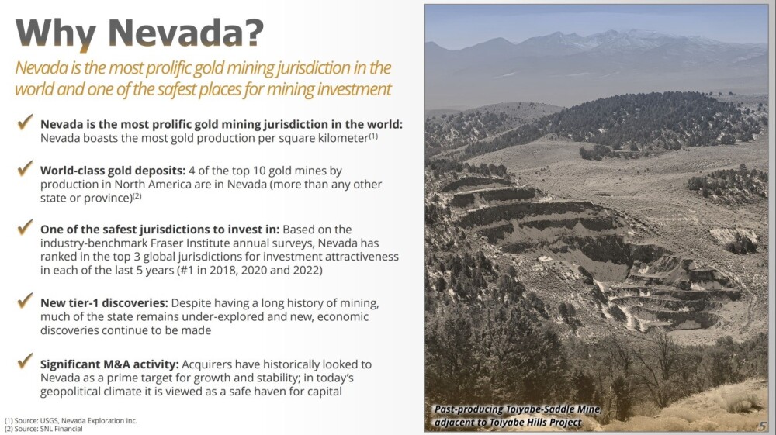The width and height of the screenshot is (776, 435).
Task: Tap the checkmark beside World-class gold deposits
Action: (26, 168)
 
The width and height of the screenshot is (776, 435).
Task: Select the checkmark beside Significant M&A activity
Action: (26, 361)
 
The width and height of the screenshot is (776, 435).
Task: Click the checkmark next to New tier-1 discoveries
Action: (26, 300)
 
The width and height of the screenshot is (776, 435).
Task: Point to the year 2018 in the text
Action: (223, 271)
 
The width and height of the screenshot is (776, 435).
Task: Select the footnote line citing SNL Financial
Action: (43, 429)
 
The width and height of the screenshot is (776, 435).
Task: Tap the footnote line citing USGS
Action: (71, 421)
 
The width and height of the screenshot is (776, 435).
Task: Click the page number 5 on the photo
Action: (762, 426)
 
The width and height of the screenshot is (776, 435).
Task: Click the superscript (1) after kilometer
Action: (373, 136)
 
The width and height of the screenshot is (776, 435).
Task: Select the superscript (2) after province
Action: (137, 195)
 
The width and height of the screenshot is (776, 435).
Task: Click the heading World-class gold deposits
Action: (113, 171)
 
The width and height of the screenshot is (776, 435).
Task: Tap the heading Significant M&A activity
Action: (109, 364)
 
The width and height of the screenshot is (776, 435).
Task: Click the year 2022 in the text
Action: (308, 271)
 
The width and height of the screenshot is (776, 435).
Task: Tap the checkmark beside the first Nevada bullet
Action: (26, 122)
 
